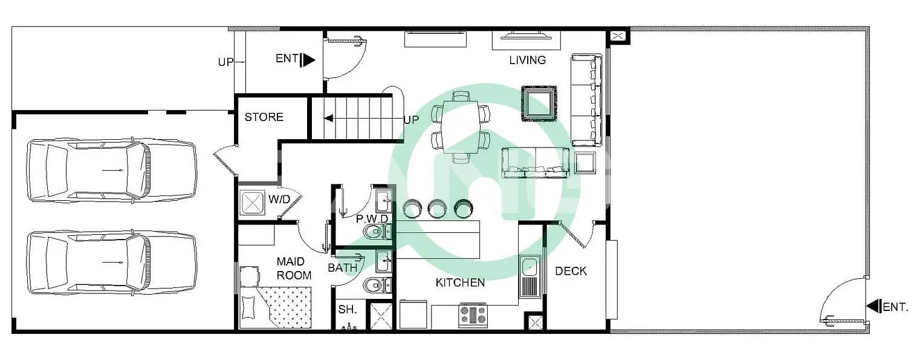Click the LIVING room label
point(527,60)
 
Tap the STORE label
point(264,117)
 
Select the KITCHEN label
point(460,283)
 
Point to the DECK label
point(571,271)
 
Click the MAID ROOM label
point(294,269)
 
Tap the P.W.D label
point(372,219)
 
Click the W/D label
point(279,200)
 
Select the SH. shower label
point(347,309)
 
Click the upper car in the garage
point(111,170)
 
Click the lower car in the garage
point(111,262)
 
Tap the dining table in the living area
point(461,127)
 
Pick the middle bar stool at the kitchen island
point(437,208)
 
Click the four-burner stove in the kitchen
point(473,315)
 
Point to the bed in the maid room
point(275,307)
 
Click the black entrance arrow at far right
point(873,306)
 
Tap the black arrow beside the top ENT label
point(308,60)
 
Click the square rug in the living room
point(539,103)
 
